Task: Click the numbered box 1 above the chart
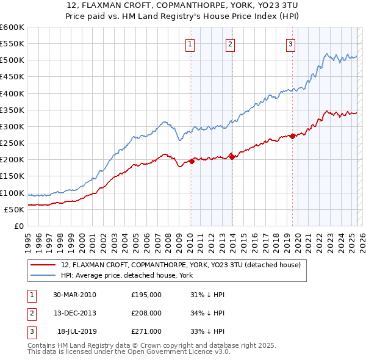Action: pyautogui.click(x=190, y=43)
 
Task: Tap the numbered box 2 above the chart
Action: pyautogui.click(x=230, y=43)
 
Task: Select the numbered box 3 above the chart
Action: pyautogui.click(x=290, y=43)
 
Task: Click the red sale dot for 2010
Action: pyautogui.click(x=192, y=161)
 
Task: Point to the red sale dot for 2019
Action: pyautogui.click(x=292, y=136)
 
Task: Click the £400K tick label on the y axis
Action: pyautogui.click(x=12, y=93)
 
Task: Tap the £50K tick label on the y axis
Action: pyautogui.click(x=14, y=209)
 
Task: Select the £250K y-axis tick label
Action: pyautogui.click(x=12, y=143)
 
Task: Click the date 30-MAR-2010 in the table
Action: pyautogui.click(x=74, y=294)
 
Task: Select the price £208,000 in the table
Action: pyautogui.click(x=146, y=313)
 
